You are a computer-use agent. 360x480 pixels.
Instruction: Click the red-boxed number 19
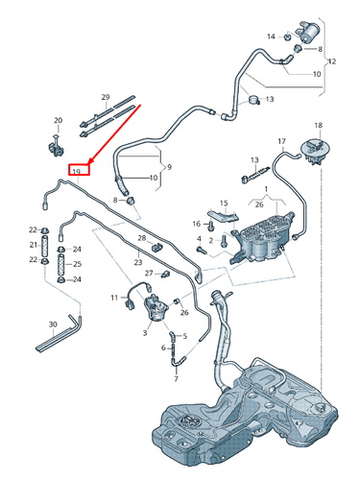pyautogui.click(x=76, y=171)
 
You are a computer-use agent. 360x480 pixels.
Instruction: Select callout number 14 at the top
pyautogui.click(x=272, y=35)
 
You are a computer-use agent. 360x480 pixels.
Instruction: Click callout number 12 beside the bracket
pyautogui.click(x=333, y=60)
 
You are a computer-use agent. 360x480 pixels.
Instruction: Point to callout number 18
pyautogui.click(x=319, y=125)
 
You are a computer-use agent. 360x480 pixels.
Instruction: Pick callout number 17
pyautogui.click(x=282, y=142)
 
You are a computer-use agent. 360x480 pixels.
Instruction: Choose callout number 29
pyautogui.click(x=106, y=97)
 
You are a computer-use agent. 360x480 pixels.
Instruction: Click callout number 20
pyautogui.click(x=58, y=121)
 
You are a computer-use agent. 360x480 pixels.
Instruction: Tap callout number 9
pyautogui.click(x=169, y=168)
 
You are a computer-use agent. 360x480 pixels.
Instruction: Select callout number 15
pyautogui.click(x=223, y=203)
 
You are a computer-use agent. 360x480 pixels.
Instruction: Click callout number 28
pyautogui.click(x=141, y=238)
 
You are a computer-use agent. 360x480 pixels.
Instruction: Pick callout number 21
pyautogui.click(x=32, y=245)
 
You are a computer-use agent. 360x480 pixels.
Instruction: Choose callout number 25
pyautogui.click(x=78, y=263)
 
